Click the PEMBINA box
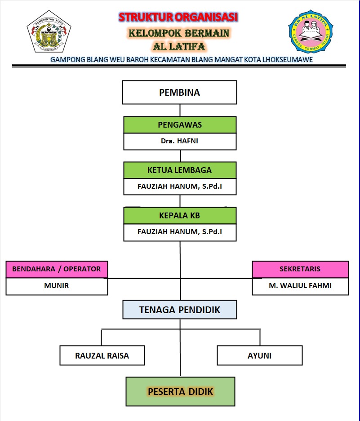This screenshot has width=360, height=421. (180, 93)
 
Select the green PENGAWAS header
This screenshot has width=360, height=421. (180, 125)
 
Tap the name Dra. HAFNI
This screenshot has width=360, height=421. (180, 141)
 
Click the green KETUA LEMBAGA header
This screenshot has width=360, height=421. (180, 170)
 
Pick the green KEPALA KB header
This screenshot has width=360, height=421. (180, 216)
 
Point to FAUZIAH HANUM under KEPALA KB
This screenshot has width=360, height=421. (180, 232)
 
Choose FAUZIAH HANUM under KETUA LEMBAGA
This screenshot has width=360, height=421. (180, 186)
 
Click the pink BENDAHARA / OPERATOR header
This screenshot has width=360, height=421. (57, 269)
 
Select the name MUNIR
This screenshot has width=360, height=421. (57, 285)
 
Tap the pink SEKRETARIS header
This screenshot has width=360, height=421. (300, 269)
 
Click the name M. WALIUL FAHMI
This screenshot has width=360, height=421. (300, 285)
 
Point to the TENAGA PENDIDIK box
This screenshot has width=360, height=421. (180, 310)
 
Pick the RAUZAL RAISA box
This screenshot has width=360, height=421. (102, 355)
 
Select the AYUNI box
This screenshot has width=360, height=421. (259, 355)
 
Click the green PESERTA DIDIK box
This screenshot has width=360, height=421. (180, 391)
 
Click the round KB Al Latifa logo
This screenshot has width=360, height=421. (310, 31)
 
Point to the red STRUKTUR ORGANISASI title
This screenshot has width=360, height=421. (178, 18)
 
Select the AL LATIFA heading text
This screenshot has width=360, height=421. (179, 46)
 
